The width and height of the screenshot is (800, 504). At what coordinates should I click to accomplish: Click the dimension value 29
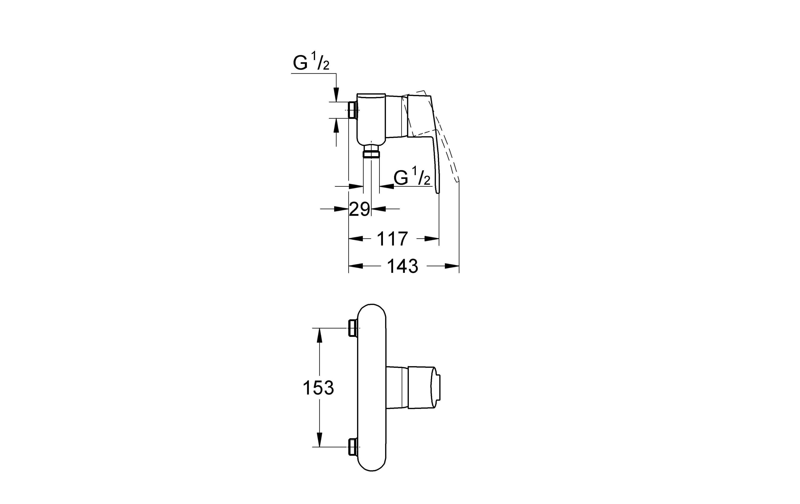359,209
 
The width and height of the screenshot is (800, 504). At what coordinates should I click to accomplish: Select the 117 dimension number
392,239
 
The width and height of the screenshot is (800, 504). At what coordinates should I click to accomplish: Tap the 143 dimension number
403,266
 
